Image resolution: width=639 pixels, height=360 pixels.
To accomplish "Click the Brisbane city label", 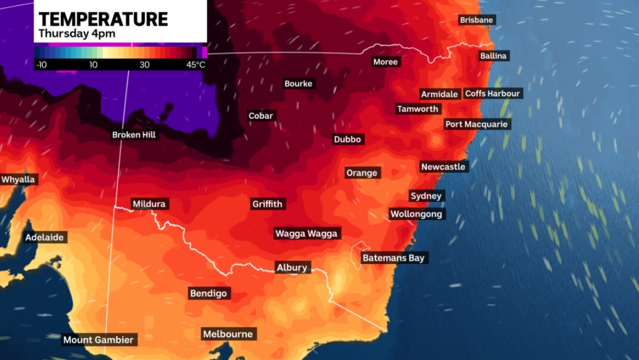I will coord(476,20).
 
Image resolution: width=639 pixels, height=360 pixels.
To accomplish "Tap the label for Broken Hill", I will coord(134,135).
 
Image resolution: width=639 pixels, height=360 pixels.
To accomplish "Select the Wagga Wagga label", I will coord(306,234).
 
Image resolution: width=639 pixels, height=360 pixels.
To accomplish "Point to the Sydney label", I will coord(426,196).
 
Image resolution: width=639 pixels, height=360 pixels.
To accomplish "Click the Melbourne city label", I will coord(228,334).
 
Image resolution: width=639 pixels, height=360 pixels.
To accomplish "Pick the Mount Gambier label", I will coord(99,340).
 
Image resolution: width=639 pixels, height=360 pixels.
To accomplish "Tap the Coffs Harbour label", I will coord(492,94).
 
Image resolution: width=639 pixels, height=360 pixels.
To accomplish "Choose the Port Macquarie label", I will coord(476,125).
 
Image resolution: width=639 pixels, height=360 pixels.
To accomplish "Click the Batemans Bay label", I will coord(394,258).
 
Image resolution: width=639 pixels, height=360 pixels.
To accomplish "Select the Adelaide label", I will coord(44,238).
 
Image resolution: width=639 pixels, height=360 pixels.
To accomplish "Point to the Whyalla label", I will coord(18,179).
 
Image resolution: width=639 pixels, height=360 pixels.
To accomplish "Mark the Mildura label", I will coord(149,204).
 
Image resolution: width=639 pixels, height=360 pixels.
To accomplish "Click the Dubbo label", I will coord(348,139).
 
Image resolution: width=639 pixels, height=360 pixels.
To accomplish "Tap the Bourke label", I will coord(298,84).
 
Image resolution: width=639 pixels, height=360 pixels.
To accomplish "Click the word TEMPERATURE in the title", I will coord(103,18).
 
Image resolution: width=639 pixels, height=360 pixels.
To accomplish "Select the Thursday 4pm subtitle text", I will coord(77,33).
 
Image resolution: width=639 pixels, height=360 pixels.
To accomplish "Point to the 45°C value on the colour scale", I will coord(196,64).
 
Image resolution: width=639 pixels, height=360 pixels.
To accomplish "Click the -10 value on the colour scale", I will coord(41,64).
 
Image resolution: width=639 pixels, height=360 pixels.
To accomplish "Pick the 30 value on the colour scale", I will coord(145,64).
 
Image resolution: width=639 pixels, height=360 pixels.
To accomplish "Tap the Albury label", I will coord(292,268).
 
